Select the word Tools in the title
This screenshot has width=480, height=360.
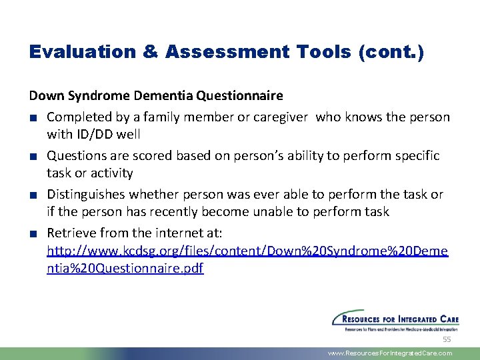coord(315,53)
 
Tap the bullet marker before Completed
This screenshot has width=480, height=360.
coord(33,118)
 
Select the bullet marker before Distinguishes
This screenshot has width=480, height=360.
coord(33,195)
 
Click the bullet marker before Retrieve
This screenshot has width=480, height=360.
coord(33,233)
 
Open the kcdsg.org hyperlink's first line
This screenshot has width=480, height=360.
coord(247,251)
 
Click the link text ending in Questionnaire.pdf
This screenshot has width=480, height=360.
coord(125,269)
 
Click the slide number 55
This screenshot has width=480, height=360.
coord(447,339)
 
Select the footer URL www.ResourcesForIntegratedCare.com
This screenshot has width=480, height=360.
coord(390,353)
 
